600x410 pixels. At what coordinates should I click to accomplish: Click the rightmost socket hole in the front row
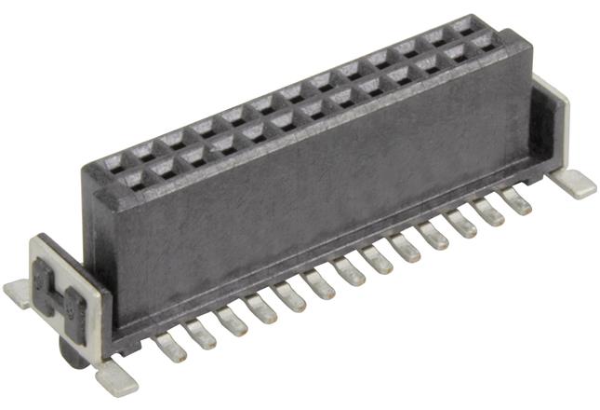coord(483,43)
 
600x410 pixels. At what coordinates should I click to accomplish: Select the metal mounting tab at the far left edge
coord(19,293)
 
